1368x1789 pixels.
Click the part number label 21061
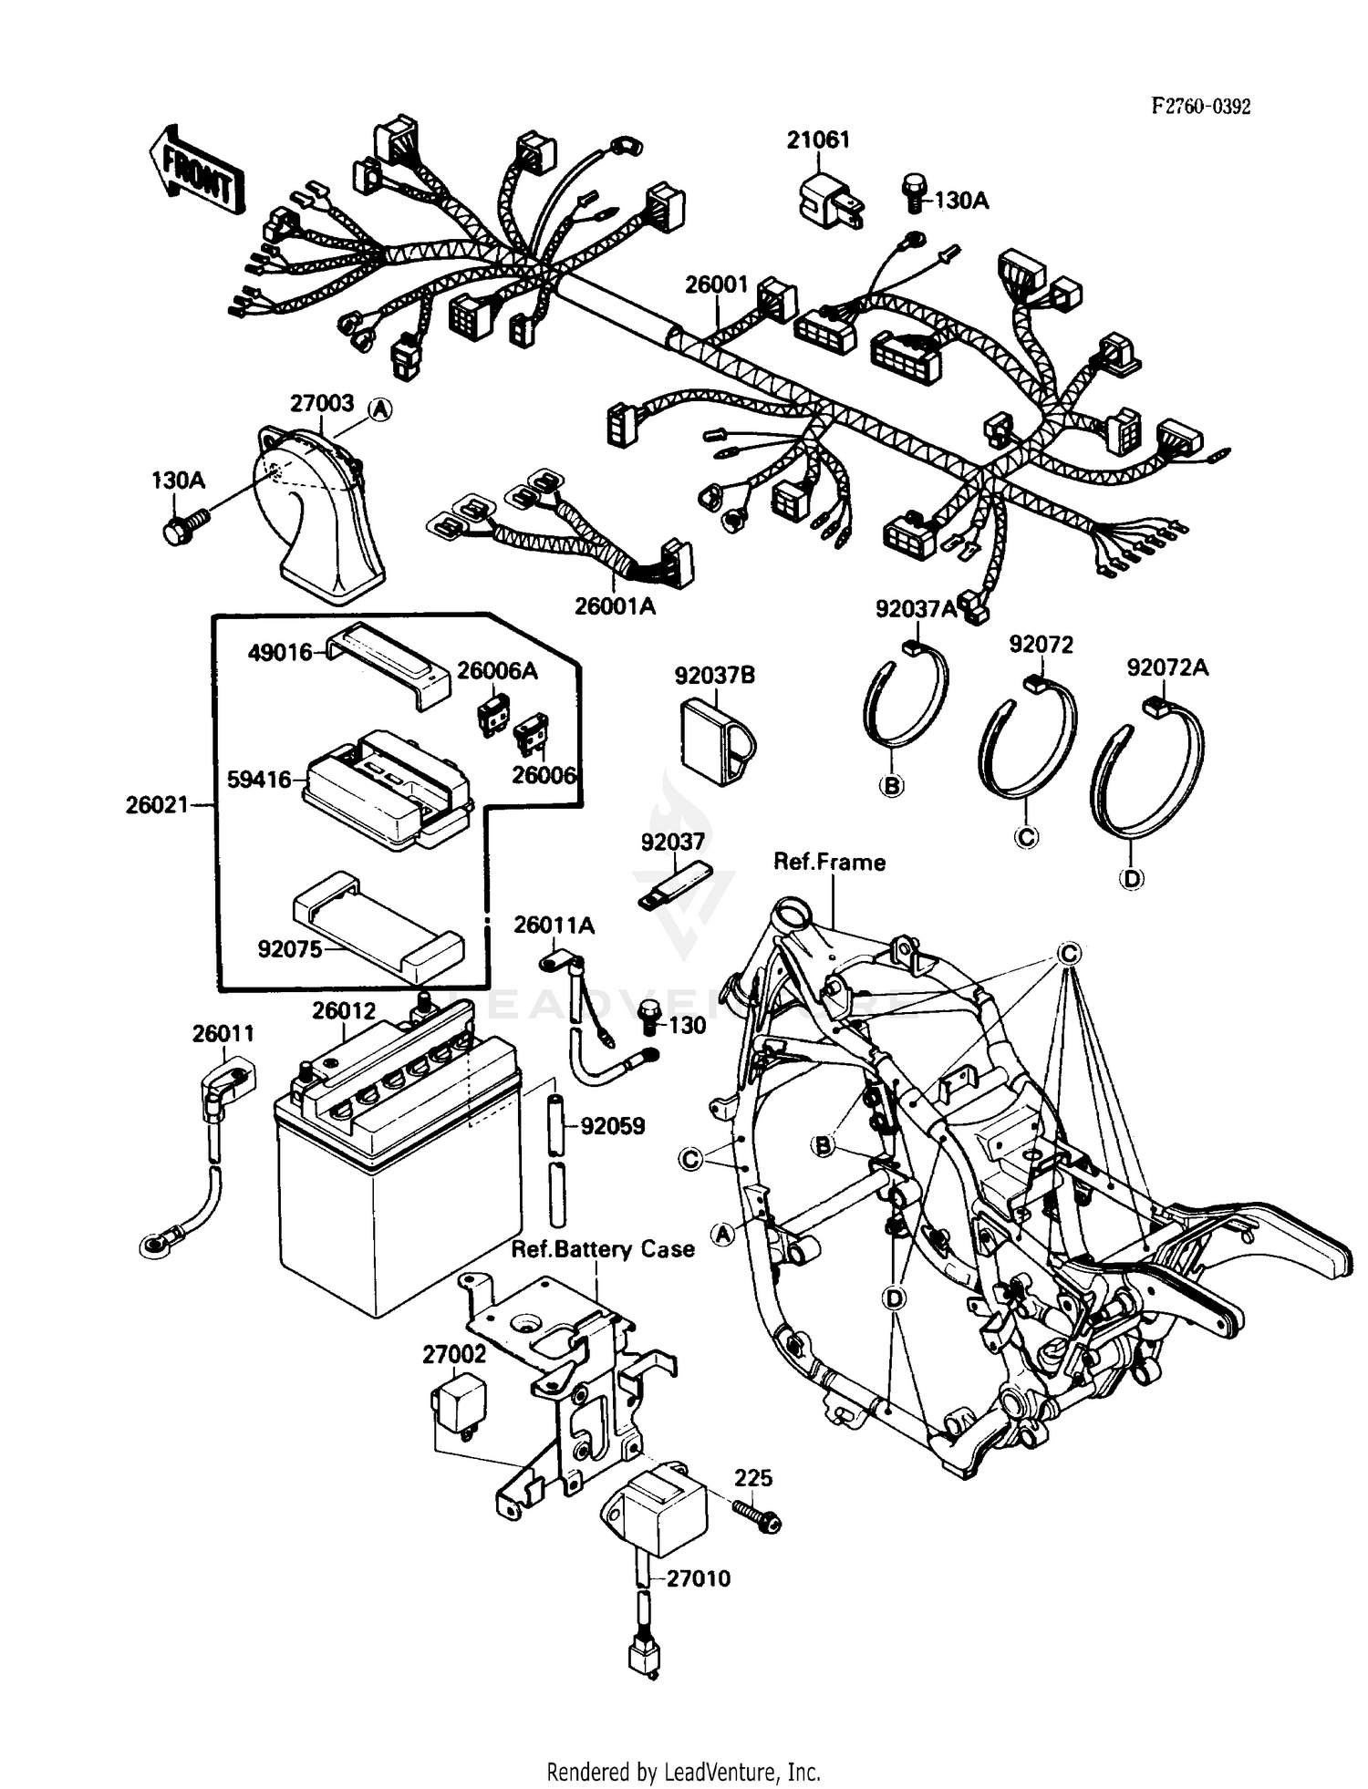click(818, 140)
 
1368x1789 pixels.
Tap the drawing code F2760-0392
click(1200, 107)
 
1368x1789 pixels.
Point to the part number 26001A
click(615, 605)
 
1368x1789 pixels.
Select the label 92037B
click(715, 676)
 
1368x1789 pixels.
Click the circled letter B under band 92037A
click(891, 784)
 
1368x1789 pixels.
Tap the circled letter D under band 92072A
click(1131, 878)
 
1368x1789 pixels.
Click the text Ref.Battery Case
click(603, 1248)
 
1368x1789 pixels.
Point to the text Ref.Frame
click(829, 862)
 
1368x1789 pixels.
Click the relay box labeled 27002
click(458, 1405)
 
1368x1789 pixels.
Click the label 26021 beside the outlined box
click(156, 804)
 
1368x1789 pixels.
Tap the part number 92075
click(290, 949)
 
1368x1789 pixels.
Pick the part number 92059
click(613, 1126)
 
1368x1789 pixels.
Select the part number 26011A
click(554, 926)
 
